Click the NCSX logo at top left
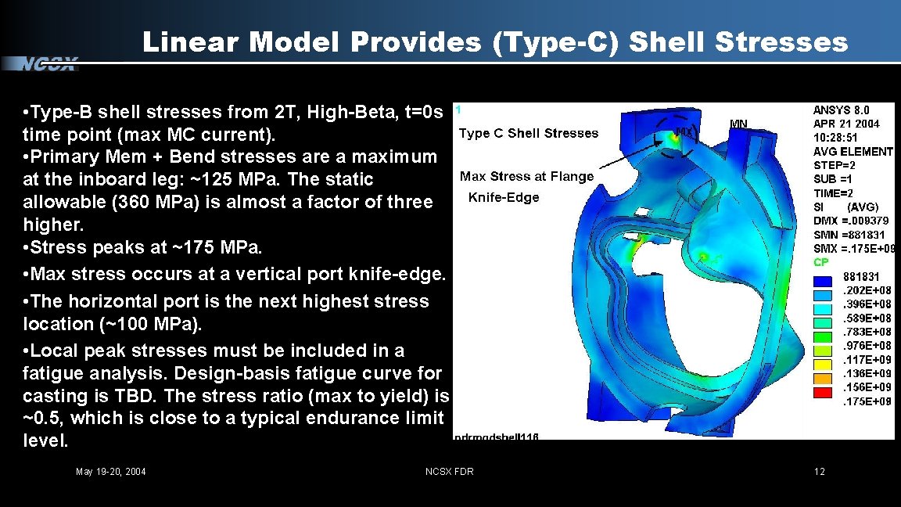coord(48,64)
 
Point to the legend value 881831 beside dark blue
coord(861,276)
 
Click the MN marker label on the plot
coord(739,123)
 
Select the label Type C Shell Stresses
coord(529,133)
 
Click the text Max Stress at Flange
coord(527,176)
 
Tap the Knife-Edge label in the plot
coord(504,197)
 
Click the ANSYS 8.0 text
coord(841,110)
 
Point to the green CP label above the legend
coord(820,262)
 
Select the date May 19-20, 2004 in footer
coord(110,471)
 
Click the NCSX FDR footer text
coord(449,471)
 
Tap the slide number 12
coord(819,471)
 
